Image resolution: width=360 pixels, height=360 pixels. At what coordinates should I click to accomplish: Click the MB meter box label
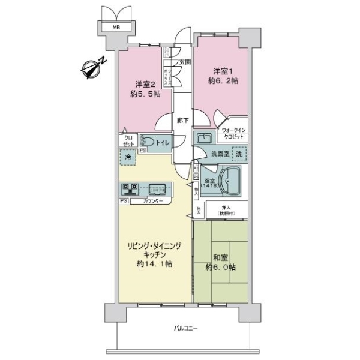tap(112, 27)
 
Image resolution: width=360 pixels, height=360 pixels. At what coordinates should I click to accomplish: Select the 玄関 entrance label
tap(184, 62)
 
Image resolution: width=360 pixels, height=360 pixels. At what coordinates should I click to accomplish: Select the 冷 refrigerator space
tap(128, 157)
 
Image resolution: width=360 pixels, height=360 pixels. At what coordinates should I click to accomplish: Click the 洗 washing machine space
tap(239, 154)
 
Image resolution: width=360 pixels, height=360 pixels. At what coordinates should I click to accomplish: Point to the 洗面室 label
tap(219, 154)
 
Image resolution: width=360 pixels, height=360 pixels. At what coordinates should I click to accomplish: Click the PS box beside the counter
tap(124, 202)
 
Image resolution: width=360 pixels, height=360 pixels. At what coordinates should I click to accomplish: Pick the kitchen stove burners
tap(130, 188)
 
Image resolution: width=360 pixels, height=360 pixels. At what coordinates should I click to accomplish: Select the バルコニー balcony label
tap(187, 328)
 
